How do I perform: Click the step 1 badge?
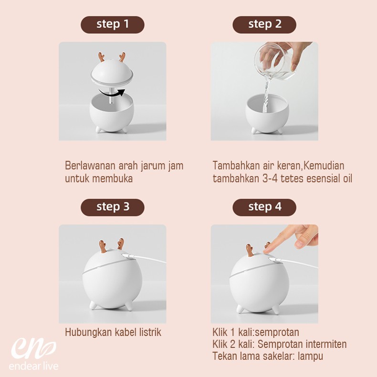pyautogui.click(x=113, y=24)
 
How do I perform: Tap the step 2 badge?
pyautogui.click(x=264, y=24)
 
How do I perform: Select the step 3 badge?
pyautogui.click(x=113, y=207)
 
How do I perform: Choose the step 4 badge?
pyautogui.click(x=264, y=207)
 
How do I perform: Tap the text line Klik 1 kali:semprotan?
pyautogui.click(x=255, y=332)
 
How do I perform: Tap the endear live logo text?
pyautogui.click(x=33, y=367)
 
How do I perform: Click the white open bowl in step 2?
pyautogui.click(x=267, y=115)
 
